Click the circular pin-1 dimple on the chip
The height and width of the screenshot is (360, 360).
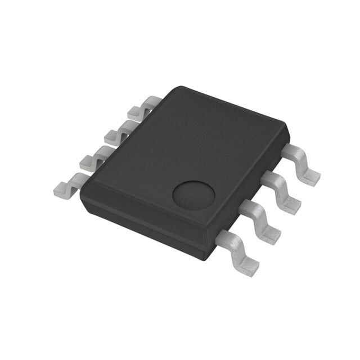click(193, 195)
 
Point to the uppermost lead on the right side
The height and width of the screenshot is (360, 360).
click(301, 163)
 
